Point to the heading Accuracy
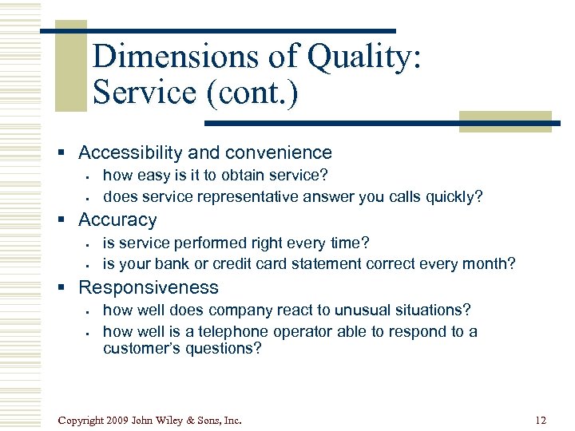click(x=117, y=219)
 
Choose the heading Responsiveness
click(x=149, y=287)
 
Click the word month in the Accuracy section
click(x=491, y=264)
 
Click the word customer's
click(x=139, y=348)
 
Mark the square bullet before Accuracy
click(x=68, y=220)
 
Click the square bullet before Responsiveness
click(x=68, y=288)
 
